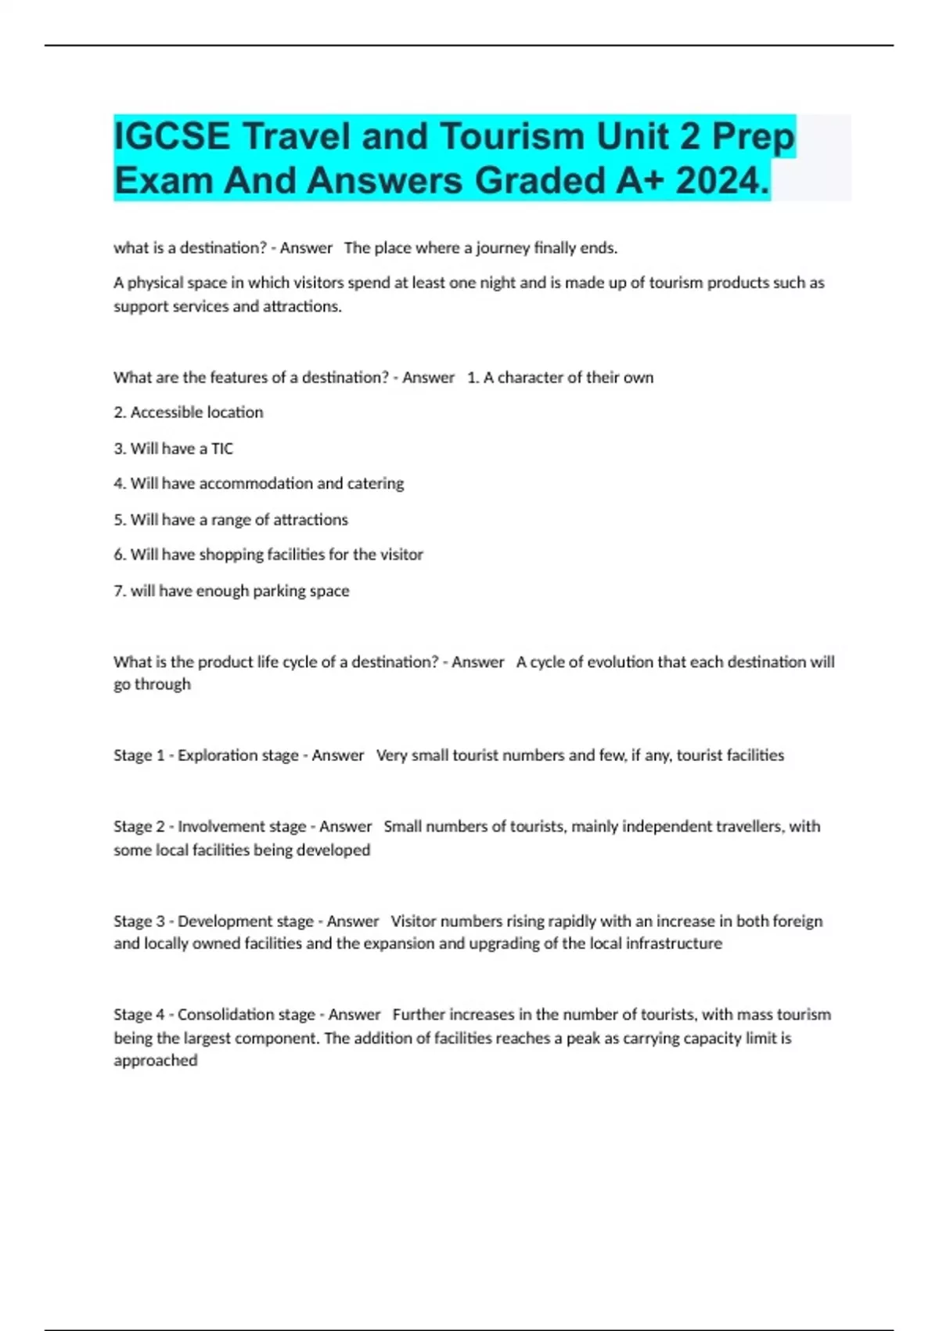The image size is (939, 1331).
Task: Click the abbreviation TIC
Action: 222,449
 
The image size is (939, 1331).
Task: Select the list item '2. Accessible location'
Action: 189,413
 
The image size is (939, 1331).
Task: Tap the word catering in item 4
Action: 376,484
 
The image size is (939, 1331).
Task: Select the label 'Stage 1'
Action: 139,756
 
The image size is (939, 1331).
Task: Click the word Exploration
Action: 217,756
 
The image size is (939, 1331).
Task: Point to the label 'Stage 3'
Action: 139,922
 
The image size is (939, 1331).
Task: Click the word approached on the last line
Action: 156,1061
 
